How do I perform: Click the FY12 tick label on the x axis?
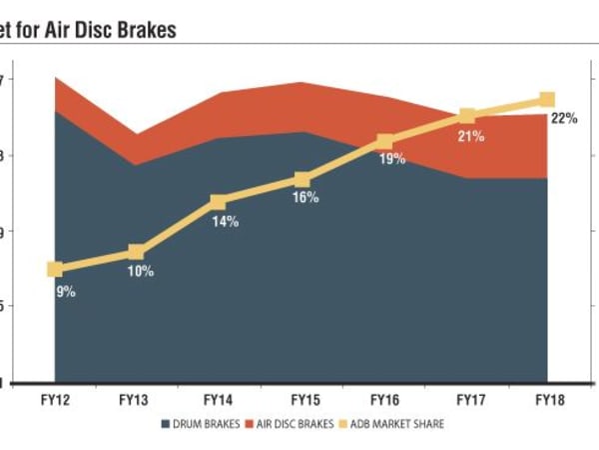(x=55, y=400)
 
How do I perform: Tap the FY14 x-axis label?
(x=219, y=400)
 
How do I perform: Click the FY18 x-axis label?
(x=548, y=400)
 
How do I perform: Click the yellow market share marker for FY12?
(x=55, y=269)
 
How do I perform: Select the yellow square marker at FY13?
(x=137, y=252)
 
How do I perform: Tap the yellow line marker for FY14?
(x=219, y=202)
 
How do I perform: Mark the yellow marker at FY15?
(x=301, y=179)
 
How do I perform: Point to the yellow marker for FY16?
(x=384, y=142)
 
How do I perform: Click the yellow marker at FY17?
(x=466, y=116)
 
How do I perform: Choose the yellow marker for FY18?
(x=547, y=99)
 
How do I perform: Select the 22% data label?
(x=564, y=118)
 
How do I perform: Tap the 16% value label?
(x=305, y=198)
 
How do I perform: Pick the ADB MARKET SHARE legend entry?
(x=394, y=424)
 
